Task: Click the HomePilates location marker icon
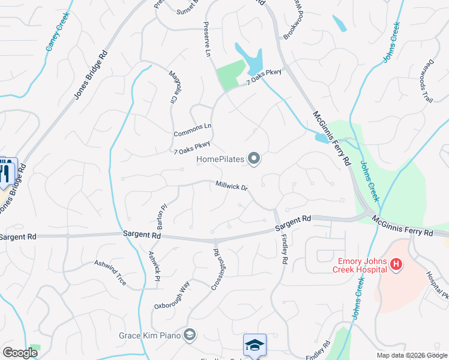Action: click(x=255, y=159)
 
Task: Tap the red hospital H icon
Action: click(x=396, y=263)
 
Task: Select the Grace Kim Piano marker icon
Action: click(x=190, y=334)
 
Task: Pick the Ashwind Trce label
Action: click(x=110, y=272)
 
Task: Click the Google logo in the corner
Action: click(x=20, y=352)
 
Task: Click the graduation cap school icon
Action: click(x=255, y=345)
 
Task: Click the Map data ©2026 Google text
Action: click(x=411, y=355)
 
